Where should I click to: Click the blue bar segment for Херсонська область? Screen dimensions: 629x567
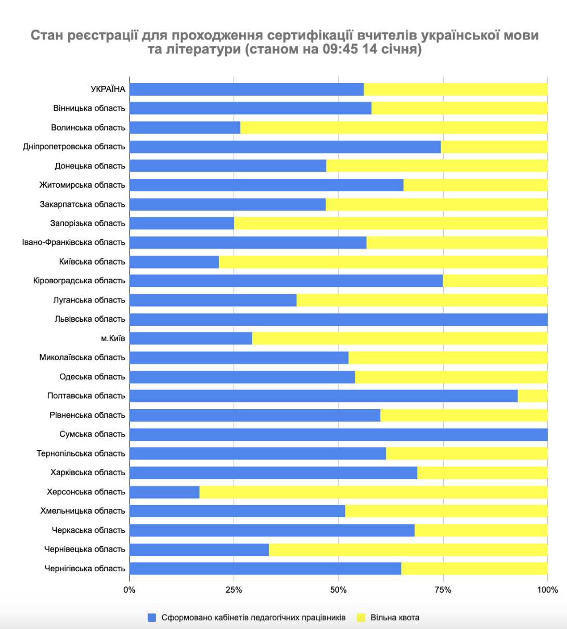(164, 492)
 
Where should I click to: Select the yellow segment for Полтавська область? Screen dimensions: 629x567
(533, 396)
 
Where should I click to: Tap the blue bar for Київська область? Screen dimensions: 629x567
(174, 261)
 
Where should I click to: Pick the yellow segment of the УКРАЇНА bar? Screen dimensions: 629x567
(455, 89)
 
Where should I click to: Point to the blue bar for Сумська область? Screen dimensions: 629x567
(338, 434)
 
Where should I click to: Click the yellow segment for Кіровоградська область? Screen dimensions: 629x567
(495, 281)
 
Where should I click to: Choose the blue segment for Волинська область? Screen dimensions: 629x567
(185, 127)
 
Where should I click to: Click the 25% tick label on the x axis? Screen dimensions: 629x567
(234, 590)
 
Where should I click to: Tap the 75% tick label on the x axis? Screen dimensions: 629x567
(443, 590)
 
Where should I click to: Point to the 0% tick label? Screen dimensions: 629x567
(129, 590)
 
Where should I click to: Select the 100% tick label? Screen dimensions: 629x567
(547, 590)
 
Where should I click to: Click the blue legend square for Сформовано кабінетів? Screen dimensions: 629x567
(152, 618)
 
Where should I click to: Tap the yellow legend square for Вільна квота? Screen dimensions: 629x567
(361, 618)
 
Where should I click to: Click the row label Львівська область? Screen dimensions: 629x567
(89, 319)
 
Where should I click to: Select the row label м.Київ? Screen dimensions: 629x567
(113, 338)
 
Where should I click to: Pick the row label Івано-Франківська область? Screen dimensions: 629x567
(73, 242)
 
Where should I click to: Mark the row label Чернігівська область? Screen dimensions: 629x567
(85, 569)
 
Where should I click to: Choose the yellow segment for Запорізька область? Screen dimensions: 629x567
(390, 224)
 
